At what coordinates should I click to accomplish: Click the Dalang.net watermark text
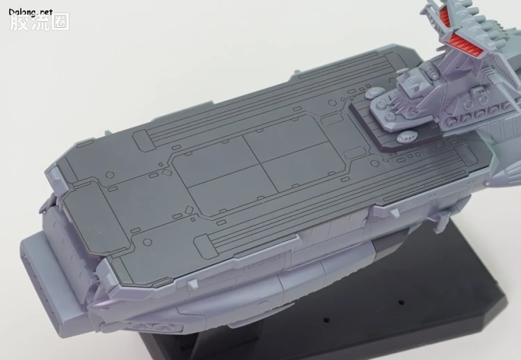(31, 13)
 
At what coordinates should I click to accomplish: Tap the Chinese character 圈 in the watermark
(60, 22)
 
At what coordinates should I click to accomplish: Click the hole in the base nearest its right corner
(401, 302)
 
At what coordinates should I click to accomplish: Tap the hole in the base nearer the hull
(326, 320)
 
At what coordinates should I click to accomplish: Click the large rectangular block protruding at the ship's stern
(50, 276)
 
